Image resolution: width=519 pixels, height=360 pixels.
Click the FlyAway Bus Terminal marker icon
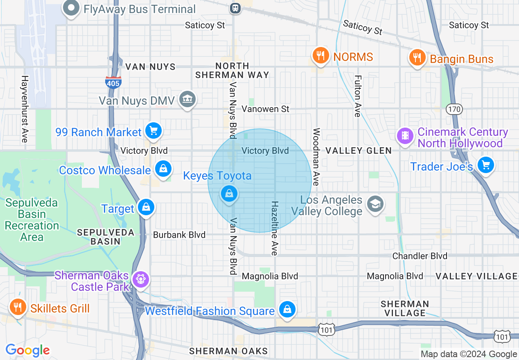pos(71,8)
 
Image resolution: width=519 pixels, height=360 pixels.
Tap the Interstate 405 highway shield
pos(113,82)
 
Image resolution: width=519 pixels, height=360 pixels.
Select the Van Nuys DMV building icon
pos(188,99)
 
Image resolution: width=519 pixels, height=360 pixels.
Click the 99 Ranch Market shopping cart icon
pos(154,131)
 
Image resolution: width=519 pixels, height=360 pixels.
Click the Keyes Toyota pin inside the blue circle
pos(229,193)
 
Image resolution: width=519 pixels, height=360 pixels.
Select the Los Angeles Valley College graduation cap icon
pos(375,204)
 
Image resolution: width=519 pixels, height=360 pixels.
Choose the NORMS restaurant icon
pos(320,56)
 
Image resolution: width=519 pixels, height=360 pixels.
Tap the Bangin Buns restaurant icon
pos(417,58)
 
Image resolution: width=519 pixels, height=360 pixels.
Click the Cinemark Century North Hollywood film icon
pos(405,135)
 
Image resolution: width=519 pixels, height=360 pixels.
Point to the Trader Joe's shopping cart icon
pos(486,165)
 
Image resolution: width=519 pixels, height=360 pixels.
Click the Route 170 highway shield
pos(454,109)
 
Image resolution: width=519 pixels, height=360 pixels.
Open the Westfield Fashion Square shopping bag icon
pos(287,310)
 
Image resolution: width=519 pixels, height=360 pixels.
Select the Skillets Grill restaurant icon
pos(17,307)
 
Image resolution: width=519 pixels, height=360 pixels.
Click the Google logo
pos(27,350)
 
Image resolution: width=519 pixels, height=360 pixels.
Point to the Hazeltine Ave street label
pos(275,228)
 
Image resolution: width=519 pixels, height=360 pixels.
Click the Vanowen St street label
pos(265,109)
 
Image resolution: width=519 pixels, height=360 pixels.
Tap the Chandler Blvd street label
pos(420,256)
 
